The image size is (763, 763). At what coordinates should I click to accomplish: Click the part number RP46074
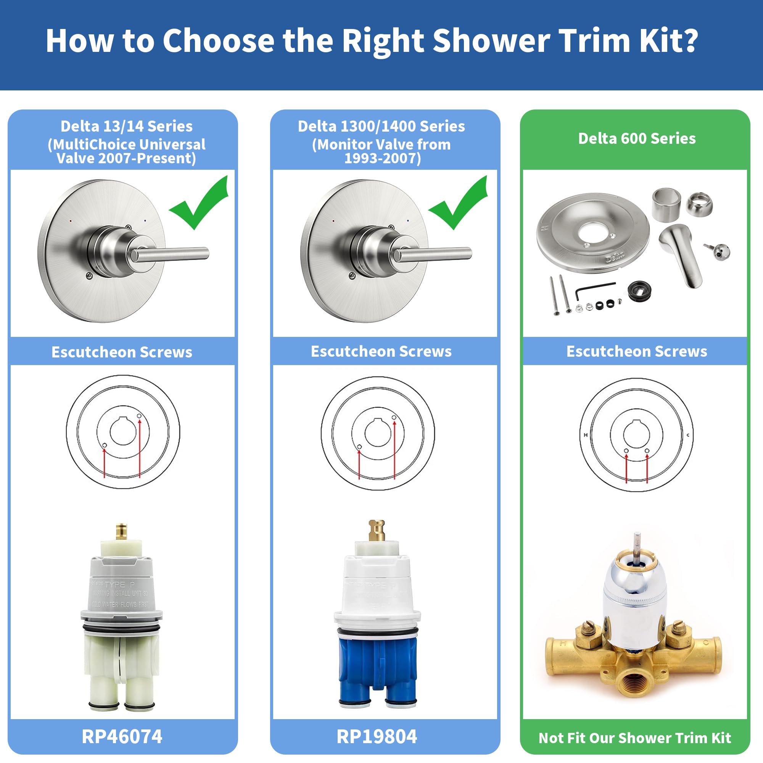pyautogui.click(x=122, y=737)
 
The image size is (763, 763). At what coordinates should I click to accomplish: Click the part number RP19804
pyautogui.click(x=377, y=737)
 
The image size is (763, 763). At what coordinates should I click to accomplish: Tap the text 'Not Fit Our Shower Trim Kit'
pyautogui.click(x=635, y=738)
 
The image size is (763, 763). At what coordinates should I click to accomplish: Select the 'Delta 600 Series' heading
pyautogui.click(x=637, y=138)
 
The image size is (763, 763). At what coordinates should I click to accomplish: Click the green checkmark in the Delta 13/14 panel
pyautogui.click(x=201, y=203)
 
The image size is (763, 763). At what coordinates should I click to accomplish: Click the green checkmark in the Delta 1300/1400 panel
pyautogui.click(x=460, y=203)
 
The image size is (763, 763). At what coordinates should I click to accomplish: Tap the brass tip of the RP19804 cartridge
pyautogui.click(x=377, y=530)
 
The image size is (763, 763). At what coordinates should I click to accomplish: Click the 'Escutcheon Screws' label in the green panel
pyautogui.click(x=637, y=351)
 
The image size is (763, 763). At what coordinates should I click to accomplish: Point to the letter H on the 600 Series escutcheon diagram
pyautogui.click(x=586, y=435)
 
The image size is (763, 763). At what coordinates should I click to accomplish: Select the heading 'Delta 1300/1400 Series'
pyautogui.click(x=381, y=126)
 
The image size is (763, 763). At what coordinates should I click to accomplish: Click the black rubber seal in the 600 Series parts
pyautogui.click(x=639, y=291)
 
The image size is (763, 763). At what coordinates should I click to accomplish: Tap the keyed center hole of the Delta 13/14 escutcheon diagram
pyautogui.click(x=123, y=431)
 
